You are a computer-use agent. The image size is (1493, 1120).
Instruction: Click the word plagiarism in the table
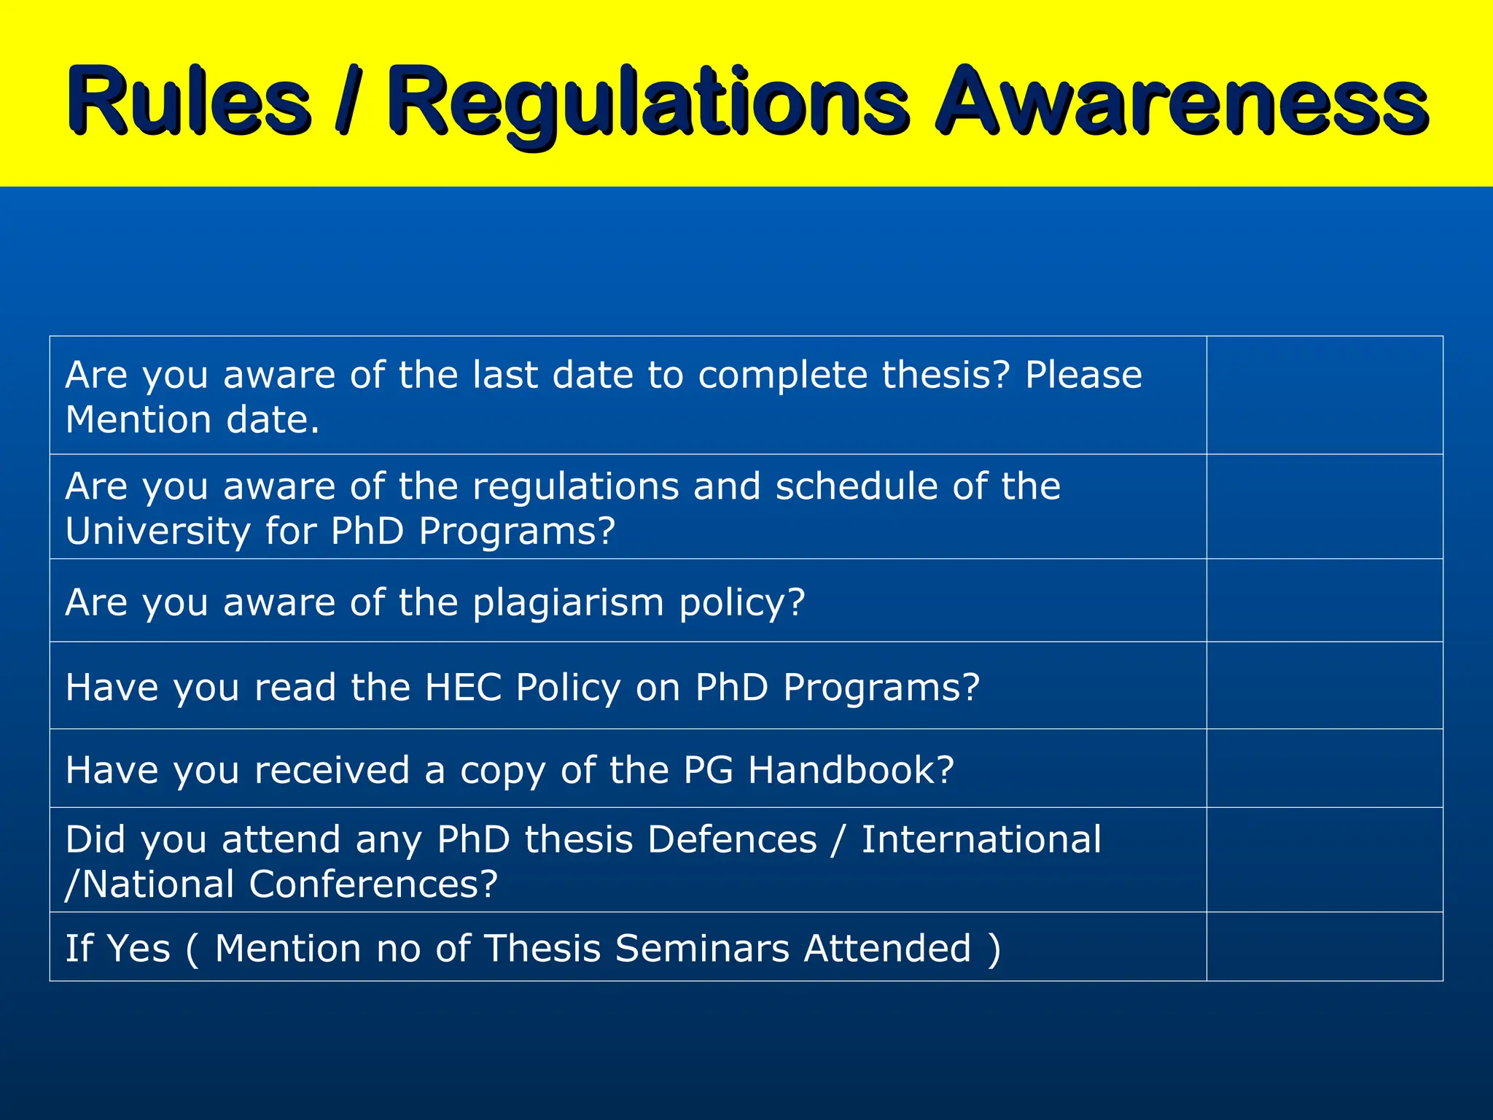[x=569, y=604]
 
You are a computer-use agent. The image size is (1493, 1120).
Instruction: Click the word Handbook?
[x=851, y=770]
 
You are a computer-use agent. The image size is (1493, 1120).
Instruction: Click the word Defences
[x=732, y=839]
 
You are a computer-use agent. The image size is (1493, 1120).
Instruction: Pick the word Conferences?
[x=373, y=884]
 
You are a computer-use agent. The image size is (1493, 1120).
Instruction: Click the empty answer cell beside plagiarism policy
[x=1325, y=601]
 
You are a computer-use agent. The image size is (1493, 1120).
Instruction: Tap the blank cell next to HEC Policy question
[x=1325, y=685]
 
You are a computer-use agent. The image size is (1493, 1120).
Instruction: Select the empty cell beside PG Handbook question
[x=1325, y=769]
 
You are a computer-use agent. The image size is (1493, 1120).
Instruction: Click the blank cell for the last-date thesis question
[x=1325, y=395]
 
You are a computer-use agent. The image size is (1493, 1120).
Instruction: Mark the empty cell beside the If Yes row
[x=1325, y=946]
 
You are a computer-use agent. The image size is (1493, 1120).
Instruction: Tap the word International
[x=981, y=839]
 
